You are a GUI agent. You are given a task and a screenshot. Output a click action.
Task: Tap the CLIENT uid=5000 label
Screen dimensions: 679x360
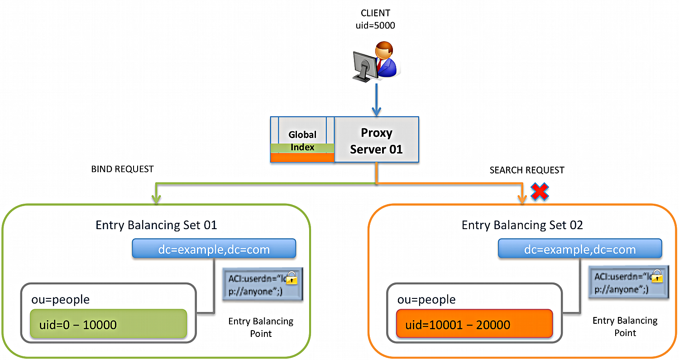click(x=375, y=19)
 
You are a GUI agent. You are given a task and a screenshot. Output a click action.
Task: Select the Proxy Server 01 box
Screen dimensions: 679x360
click(x=376, y=140)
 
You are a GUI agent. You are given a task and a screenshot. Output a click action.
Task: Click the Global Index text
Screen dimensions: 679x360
click(x=302, y=140)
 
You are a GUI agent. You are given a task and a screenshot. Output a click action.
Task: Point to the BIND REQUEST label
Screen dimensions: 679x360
click(x=122, y=169)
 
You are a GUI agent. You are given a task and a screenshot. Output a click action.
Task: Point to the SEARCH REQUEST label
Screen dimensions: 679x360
click(x=527, y=170)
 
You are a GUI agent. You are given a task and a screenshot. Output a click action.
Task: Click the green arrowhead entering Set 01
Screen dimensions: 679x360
click(x=156, y=198)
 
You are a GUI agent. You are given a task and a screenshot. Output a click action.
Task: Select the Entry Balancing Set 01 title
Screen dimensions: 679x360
click(x=156, y=225)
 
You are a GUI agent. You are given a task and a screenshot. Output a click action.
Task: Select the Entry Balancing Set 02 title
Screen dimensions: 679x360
click(x=522, y=225)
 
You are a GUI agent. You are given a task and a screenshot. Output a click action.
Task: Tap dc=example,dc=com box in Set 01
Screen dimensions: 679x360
click(x=214, y=249)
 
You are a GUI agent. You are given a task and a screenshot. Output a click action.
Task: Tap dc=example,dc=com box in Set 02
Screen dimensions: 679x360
click(x=580, y=249)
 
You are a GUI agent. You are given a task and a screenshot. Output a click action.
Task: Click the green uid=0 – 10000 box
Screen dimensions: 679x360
click(x=108, y=324)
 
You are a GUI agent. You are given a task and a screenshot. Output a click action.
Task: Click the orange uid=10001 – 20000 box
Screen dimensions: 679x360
click(x=474, y=324)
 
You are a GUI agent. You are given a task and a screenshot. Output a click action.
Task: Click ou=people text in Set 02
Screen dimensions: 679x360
click(x=426, y=300)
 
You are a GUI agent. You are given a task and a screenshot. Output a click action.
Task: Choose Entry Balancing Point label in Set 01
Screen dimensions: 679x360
click(x=261, y=327)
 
